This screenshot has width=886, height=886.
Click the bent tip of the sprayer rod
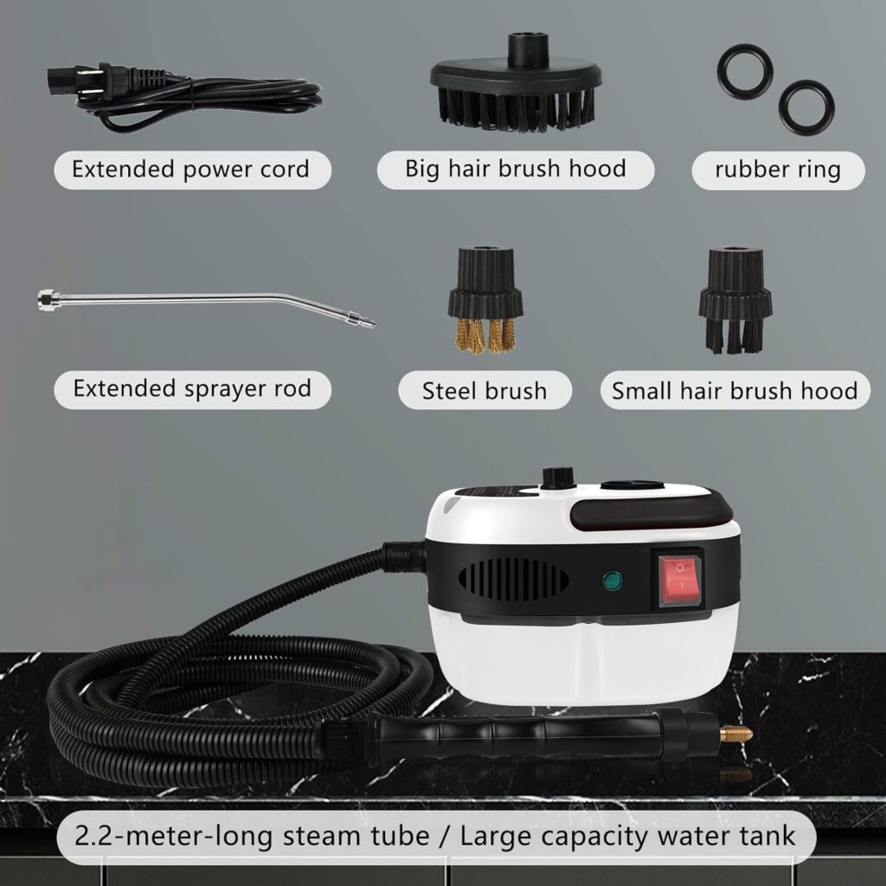[x=359, y=318]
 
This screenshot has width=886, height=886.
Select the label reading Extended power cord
[x=190, y=169]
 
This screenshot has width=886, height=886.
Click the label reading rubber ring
[x=777, y=170]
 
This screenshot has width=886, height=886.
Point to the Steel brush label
[x=485, y=390]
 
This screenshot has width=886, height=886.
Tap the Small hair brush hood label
[x=735, y=390]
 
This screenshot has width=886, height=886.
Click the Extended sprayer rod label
[x=192, y=388]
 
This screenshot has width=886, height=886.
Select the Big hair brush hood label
[x=515, y=169]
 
